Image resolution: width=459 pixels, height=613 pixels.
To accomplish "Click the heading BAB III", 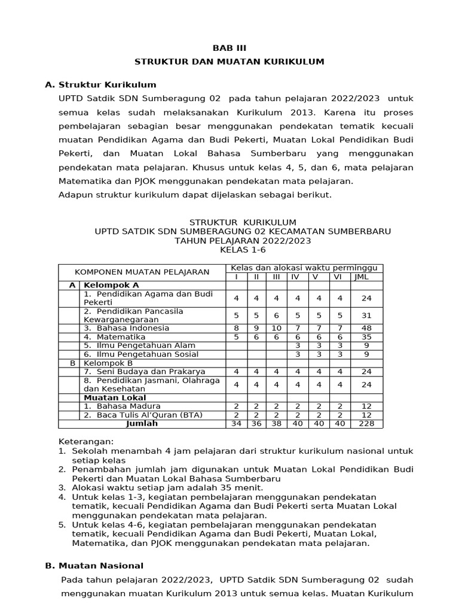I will pos(229,48).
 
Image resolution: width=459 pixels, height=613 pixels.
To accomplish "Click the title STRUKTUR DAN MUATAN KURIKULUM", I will pos(229,61).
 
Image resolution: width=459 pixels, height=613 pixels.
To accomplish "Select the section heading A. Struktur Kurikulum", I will pos(100,84).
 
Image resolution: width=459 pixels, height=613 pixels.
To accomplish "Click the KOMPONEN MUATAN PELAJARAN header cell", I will pos(142,272).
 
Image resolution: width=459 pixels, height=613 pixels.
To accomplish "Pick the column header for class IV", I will pos(295,277).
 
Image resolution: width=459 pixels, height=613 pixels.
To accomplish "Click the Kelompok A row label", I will pos(111,285).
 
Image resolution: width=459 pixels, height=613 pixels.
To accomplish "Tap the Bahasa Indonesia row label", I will pos(126,328).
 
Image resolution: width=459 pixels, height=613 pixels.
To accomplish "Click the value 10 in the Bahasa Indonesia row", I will pos(276,328).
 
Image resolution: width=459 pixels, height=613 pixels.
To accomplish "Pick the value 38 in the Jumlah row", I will pos(276,423).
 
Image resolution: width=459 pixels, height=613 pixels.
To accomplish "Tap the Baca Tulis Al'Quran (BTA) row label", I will pos(143,415).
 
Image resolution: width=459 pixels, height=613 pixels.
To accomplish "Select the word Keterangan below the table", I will pos(85,441).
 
